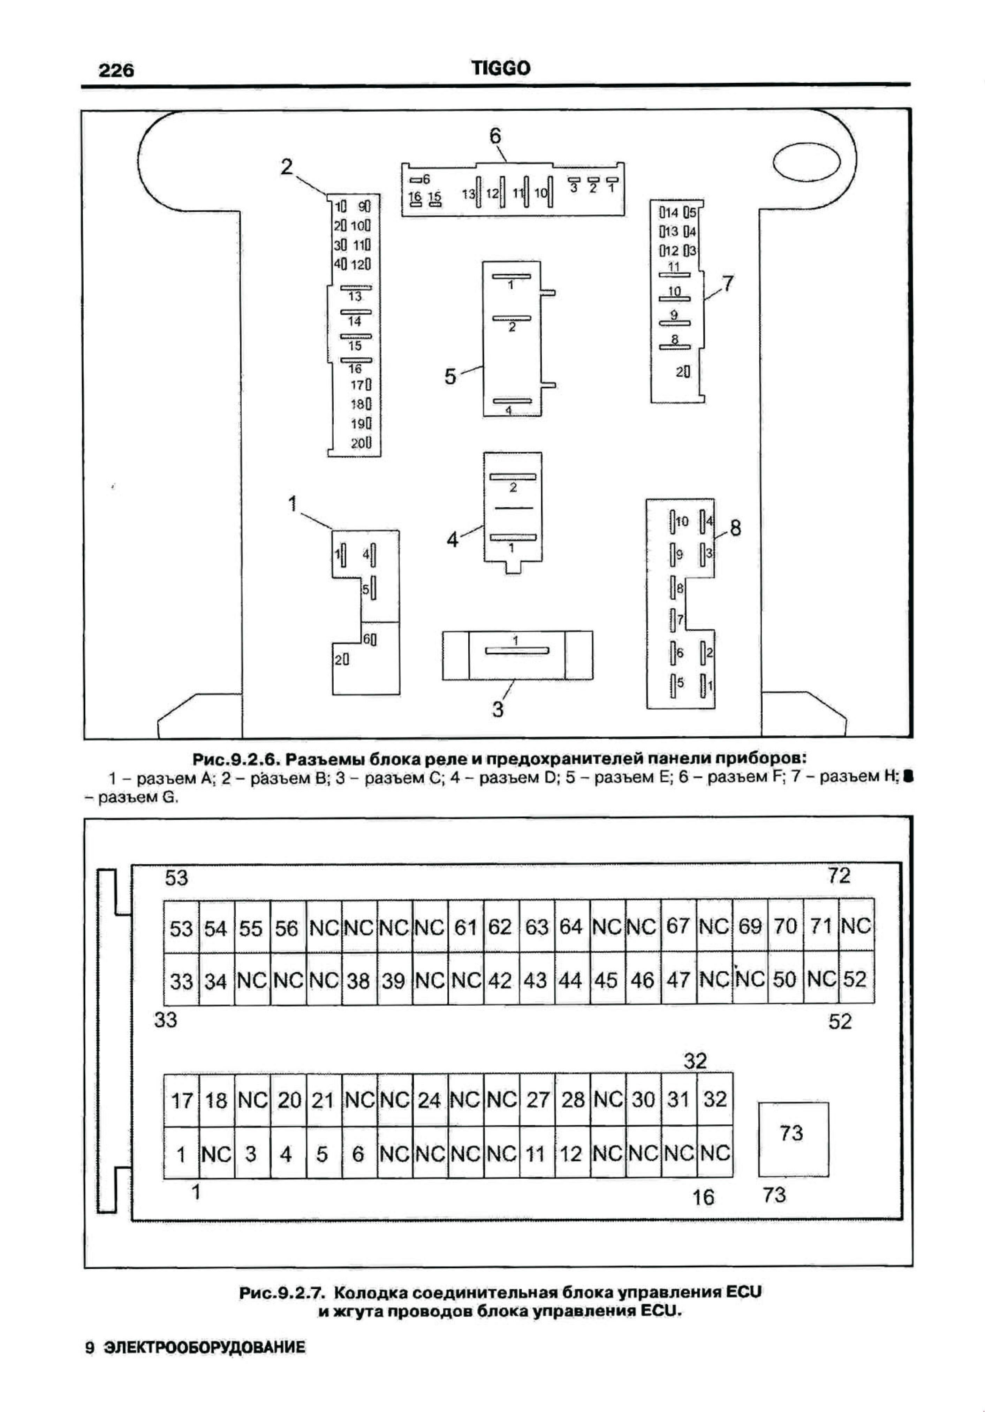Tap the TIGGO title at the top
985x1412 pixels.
click(501, 68)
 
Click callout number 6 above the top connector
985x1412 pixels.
click(495, 136)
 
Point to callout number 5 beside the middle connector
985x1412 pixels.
click(451, 377)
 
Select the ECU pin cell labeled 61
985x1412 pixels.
click(465, 927)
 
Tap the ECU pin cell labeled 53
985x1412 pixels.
click(181, 927)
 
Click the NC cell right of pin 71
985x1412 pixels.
click(856, 927)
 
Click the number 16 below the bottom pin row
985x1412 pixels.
click(703, 1197)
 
